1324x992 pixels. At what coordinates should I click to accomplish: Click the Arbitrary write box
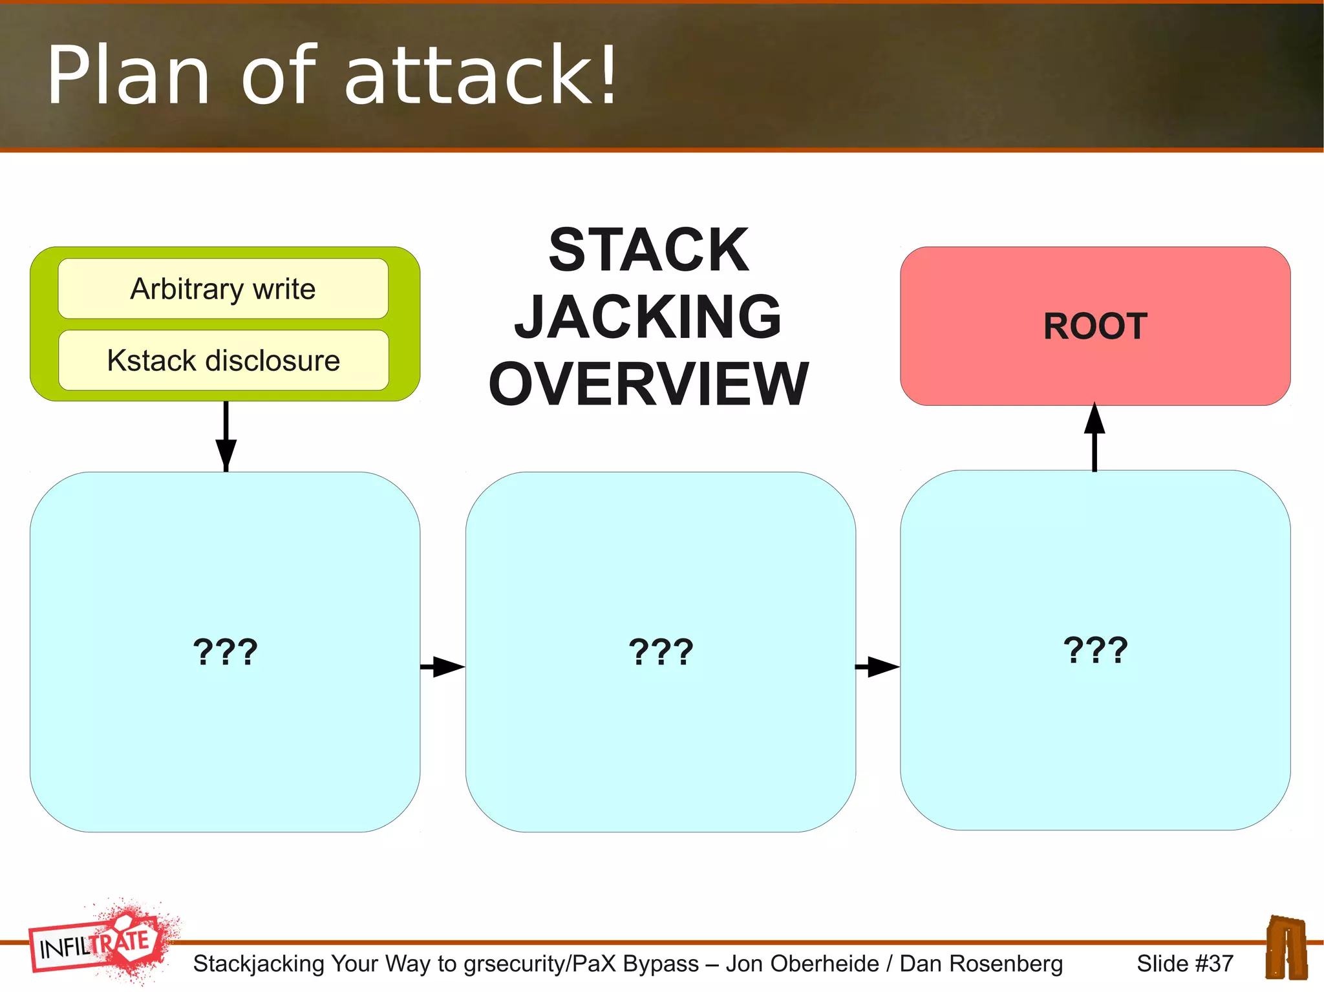point(223,289)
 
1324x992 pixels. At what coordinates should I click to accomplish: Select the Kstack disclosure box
point(223,361)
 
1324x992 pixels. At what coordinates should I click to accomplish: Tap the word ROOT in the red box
point(1095,326)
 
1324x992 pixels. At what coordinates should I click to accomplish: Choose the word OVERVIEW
point(648,384)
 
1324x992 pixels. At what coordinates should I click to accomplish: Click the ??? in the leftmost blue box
point(225,651)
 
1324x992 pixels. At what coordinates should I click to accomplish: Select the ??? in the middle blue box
point(661,651)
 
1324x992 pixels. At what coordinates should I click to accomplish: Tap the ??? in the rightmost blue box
point(1095,649)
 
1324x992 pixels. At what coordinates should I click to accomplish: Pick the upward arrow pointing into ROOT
point(1094,437)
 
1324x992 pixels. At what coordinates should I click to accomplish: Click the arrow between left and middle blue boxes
point(443,666)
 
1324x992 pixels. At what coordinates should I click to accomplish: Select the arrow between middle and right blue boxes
point(877,666)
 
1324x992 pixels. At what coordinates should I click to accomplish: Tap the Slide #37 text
point(1184,964)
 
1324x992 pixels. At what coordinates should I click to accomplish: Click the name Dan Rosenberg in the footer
point(981,964)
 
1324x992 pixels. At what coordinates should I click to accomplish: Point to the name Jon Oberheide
point(802,964)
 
